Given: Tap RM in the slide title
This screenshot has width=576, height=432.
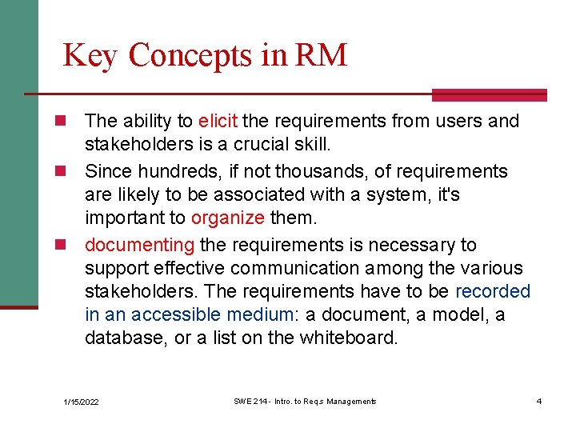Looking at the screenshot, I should (x=321, y=55).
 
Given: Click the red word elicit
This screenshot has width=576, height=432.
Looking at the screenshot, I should (x=217, y=122).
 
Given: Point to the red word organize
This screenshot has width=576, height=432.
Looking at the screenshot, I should (x=227, y=218).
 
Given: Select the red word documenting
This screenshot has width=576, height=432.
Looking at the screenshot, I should (x=139, y=245).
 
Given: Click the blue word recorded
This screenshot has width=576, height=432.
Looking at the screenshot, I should (x=492, y=291).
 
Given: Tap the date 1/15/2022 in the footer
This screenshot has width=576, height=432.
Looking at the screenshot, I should (x=82, y=402).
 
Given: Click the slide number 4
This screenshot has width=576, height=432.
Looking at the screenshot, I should (x=539, y=401).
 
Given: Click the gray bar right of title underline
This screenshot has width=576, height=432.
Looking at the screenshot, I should (x=489, y=95).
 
